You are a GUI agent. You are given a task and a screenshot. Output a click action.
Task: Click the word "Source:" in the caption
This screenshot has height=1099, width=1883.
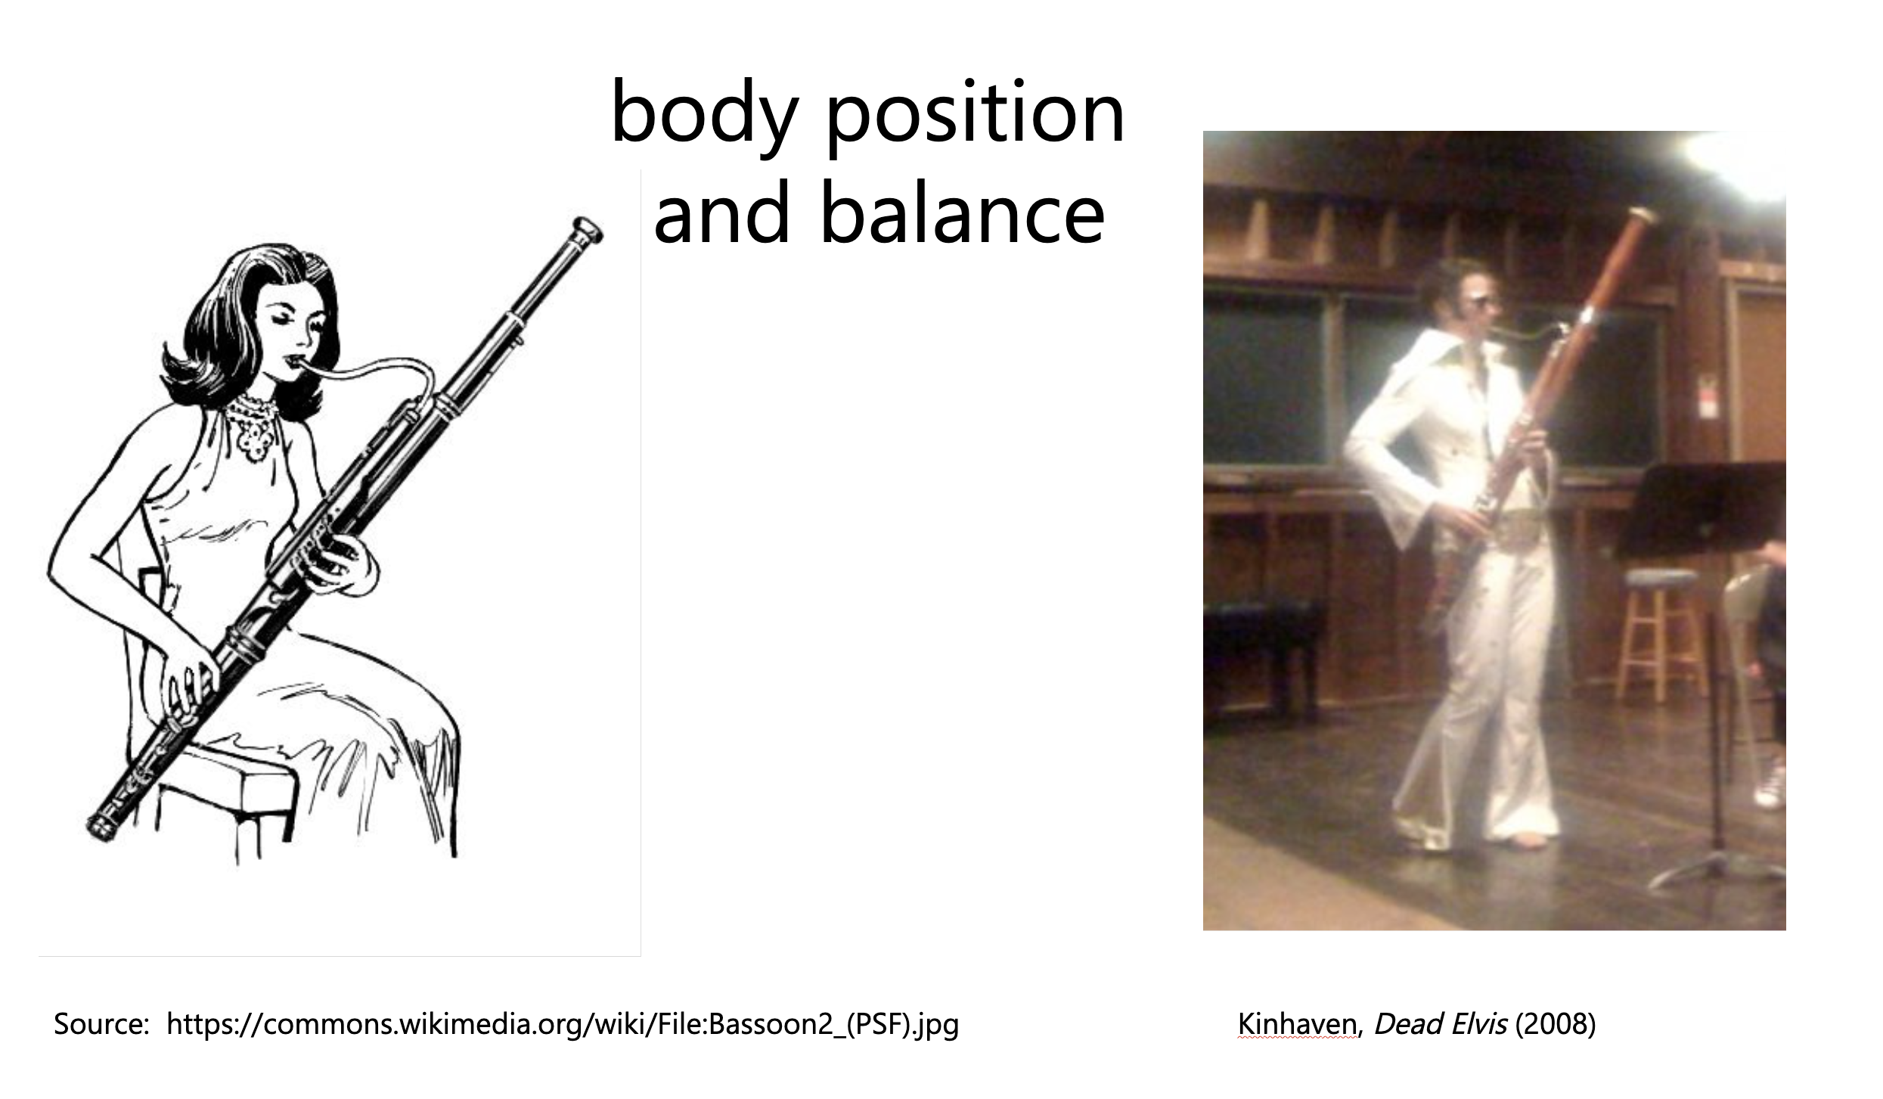click(101, 1025)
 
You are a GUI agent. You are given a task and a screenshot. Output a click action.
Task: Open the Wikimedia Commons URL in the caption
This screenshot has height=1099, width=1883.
click(562, 1025)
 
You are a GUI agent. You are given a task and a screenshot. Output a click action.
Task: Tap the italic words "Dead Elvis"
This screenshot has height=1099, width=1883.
click(1440, 1024)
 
